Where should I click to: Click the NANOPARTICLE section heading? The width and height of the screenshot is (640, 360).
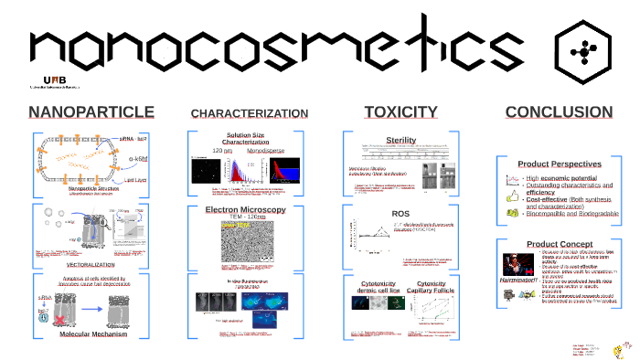tap(91, 112)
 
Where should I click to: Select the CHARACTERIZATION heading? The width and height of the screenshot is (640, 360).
tap(249, 113)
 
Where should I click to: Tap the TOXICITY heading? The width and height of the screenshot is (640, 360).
tap(400, 112)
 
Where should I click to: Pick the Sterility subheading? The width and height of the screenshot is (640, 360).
tap(400, 140)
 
